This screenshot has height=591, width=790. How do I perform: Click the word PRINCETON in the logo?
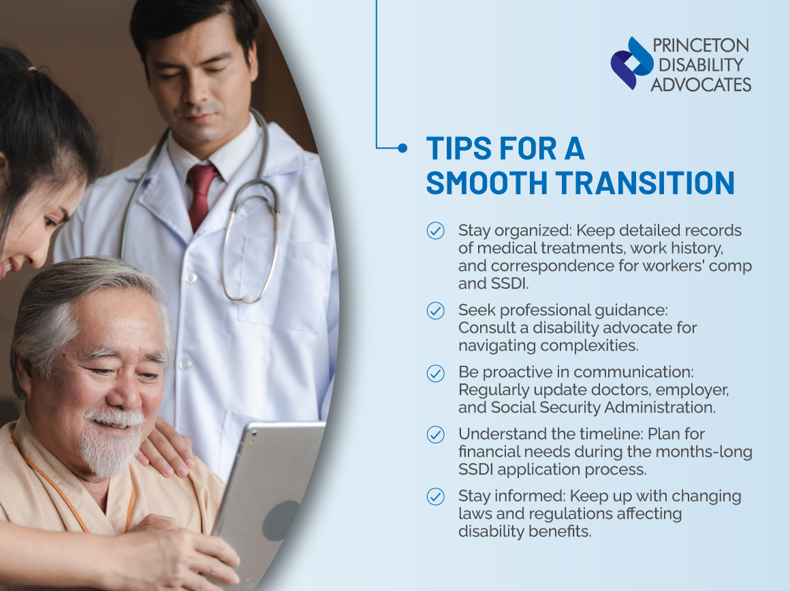point(700,46)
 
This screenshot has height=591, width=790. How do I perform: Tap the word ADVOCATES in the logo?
point(701,84)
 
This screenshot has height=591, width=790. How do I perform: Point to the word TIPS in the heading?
point(456,148)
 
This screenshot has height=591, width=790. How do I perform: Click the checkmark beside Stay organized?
point(435,231)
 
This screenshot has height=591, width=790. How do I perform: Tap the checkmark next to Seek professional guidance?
point(435,310)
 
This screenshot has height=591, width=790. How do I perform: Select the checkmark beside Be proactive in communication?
point(435,373)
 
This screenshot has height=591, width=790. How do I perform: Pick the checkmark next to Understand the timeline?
point(435,434)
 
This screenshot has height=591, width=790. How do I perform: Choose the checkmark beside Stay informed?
point(435,496)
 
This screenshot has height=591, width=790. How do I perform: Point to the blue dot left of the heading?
point(402,147)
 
